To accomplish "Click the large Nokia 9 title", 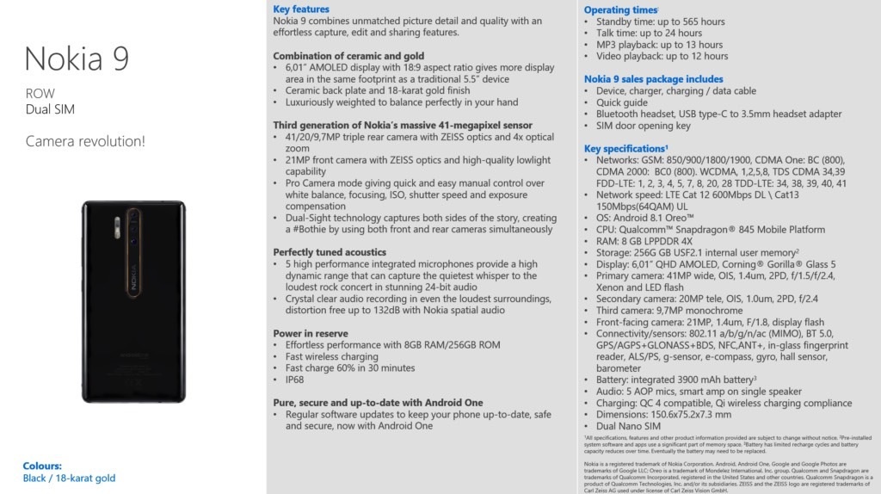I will coord(77,59).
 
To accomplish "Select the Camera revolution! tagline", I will coord(84,140).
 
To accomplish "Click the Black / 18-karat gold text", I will coord(69,478).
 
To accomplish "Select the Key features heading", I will coord(301,9).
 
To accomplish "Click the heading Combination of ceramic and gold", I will coord(348,55).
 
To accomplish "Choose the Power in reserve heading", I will coord(311,333).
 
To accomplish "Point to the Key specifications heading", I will coord(625,148).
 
